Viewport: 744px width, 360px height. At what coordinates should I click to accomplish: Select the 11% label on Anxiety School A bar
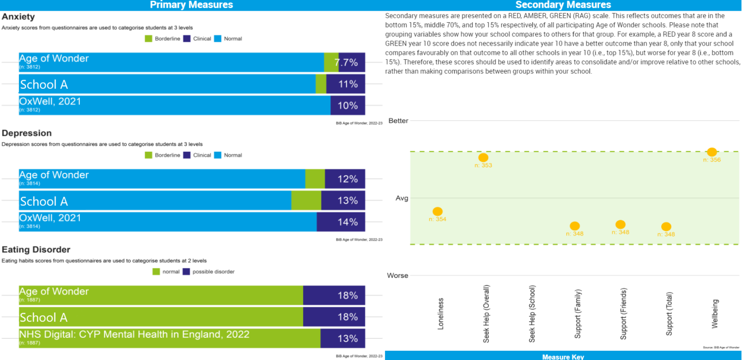click(348, 84)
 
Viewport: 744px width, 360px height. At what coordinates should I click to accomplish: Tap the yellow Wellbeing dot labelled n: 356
click(712, 152)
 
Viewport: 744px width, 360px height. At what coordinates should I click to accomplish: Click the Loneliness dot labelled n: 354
click(437, 211)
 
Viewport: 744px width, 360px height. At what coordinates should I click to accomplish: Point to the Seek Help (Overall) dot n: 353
click(483, 157)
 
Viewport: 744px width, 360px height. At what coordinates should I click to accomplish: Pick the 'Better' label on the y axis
click(398, 120)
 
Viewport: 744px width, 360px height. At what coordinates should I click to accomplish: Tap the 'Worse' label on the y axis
click(397, 276)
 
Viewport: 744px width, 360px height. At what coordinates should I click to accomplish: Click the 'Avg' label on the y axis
click(402, 198)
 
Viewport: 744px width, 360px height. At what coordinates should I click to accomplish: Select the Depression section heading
click(27, 133)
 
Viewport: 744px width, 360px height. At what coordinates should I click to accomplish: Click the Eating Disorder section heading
click(36, 249)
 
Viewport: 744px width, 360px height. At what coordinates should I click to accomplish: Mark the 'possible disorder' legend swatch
click(186, 272)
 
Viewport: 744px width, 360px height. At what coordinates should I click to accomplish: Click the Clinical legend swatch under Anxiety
click(186, 38)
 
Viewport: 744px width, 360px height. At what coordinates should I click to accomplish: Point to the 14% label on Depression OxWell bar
click(348, 222)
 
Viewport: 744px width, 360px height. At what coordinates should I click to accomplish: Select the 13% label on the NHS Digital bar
click(348, 338)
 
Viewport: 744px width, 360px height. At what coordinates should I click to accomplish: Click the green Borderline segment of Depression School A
click(306, 200)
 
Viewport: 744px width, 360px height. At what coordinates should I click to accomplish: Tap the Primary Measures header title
click(191, 5)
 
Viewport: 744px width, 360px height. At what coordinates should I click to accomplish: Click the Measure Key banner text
click(563, 357)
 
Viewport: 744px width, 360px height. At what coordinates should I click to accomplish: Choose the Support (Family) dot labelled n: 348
click(574, 226)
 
